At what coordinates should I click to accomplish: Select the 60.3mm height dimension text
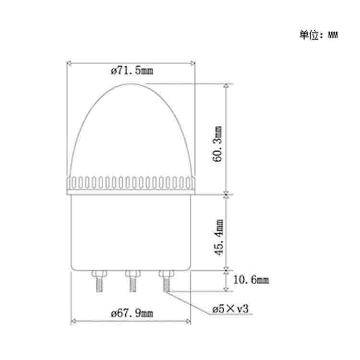tap(217, 144)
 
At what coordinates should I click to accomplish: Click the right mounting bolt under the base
tap(166, 281)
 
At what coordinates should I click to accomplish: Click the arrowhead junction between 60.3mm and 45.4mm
tap(226, 194)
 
